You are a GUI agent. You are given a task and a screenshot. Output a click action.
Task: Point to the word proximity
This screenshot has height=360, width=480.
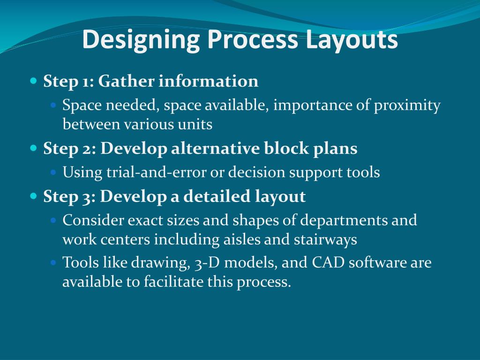click(407, 105)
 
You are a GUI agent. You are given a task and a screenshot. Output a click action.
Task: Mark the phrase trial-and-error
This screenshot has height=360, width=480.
click(156, 172)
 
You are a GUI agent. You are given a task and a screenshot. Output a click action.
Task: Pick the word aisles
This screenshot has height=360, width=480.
click(242, 240)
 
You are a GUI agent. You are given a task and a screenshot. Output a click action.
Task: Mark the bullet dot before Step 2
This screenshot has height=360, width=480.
click(33, 148)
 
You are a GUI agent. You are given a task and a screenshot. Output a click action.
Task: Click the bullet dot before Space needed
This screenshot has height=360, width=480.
click(53, 105)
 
